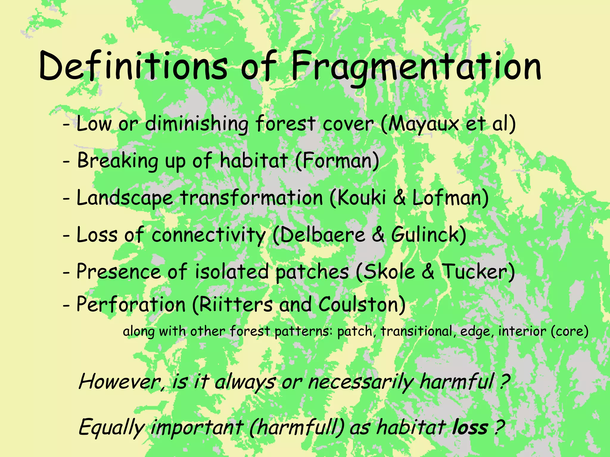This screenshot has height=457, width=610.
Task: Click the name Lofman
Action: click(448, 198)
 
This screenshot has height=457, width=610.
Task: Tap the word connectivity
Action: click(208, 235)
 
